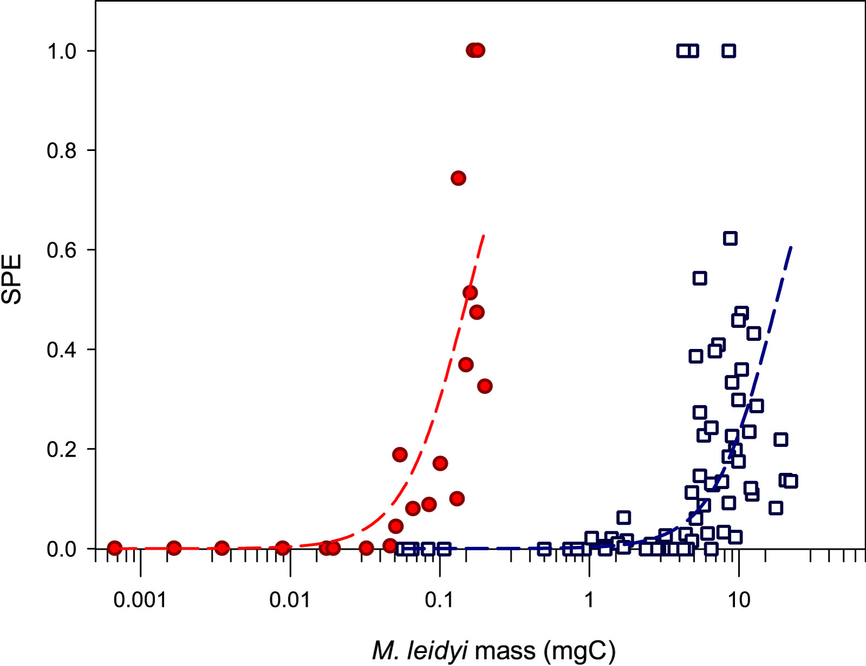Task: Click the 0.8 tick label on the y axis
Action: (x=62, y=150)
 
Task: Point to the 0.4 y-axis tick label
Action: (x=62, y=350)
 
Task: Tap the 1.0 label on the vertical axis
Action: (x=62, y=51)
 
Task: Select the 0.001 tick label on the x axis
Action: (x=140, y=599)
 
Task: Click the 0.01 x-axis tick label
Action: (x=290, y=599)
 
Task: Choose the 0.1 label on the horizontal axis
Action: (x=439, y=599)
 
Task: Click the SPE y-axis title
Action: (x=12, y=279)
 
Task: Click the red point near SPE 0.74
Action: (x=458, y=178)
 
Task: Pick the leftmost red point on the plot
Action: (x=114, y=548)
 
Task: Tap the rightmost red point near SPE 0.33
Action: (x=484, y=386)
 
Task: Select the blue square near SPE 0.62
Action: (x=730, y=238)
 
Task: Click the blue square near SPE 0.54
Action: (x=700, y=278)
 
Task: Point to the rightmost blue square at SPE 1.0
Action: (x=729, y=51)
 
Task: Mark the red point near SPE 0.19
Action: (x=399, y=454)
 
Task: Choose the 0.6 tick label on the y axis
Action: (x=62, y=250)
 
